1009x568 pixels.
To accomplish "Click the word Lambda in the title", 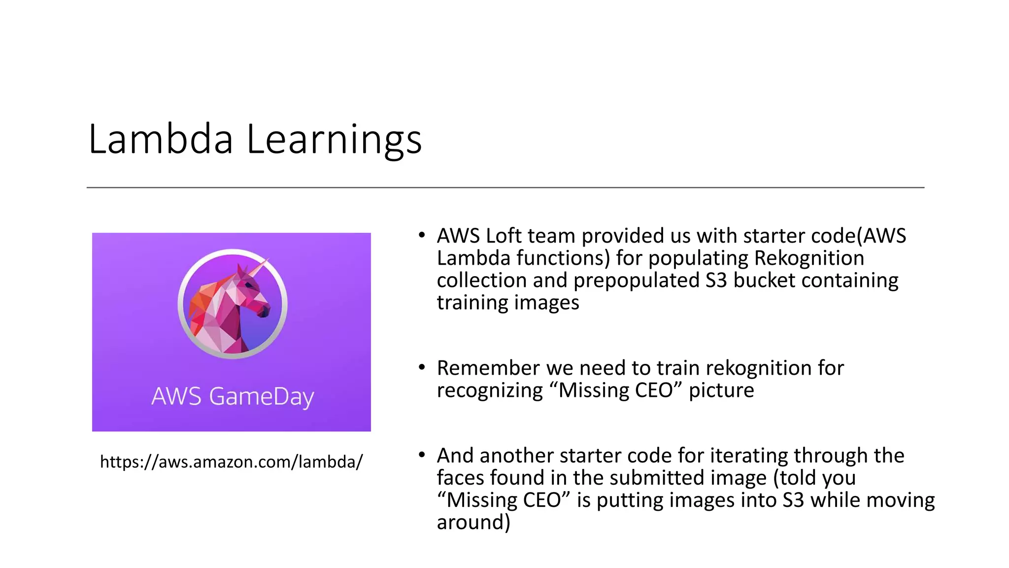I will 160,140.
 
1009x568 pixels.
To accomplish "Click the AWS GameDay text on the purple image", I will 232,396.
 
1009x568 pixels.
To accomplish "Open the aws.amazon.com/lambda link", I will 231,462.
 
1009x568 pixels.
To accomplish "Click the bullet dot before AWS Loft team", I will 421,235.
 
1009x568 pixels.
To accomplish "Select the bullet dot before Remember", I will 421,367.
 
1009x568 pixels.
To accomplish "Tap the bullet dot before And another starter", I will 421,455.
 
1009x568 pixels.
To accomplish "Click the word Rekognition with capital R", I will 809,258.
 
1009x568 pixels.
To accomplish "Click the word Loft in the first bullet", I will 503,236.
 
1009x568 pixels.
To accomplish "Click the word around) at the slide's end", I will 473,522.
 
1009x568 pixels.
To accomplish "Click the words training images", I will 507,303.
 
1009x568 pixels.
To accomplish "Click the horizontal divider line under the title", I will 505,187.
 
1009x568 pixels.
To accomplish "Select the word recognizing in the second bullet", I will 489,390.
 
